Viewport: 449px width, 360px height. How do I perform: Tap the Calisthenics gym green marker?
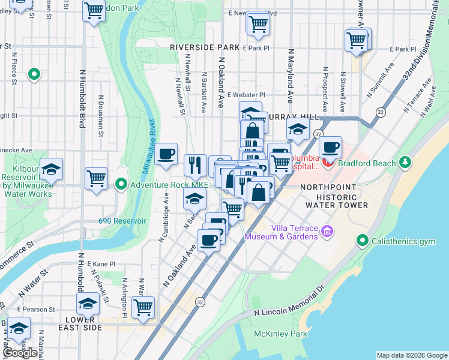point(362,241)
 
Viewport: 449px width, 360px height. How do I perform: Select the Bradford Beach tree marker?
point(406,163)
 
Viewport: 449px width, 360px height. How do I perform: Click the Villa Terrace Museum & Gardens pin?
point(327,231)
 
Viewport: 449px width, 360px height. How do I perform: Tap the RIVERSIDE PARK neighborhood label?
point(204,47)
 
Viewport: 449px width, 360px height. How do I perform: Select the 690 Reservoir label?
point(122,221)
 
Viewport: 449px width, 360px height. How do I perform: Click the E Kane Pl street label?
point(100,264)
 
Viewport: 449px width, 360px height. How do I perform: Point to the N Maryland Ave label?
point(290,76)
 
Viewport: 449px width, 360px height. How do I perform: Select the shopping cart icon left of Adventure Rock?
point(96,178)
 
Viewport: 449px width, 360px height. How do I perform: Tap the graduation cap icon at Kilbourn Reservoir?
point(52,169)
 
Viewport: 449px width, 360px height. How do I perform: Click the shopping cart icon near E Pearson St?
point(143,307)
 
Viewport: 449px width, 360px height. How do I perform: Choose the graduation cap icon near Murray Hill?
point(297,128)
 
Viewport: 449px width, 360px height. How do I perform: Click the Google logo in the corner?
point(20,352)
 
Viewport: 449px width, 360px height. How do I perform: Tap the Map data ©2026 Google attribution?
point(412,355)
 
